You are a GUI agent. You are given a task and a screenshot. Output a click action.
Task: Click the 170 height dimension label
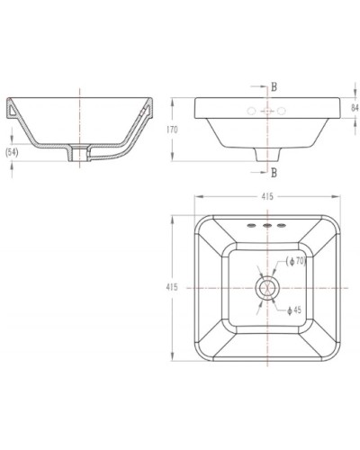tap(184, 130)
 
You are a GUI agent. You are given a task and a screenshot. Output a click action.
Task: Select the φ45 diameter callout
tap(294, 310)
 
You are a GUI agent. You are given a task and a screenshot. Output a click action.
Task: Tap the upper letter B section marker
tap(274, 87)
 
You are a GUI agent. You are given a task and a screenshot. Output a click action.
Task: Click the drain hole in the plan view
tap(267, 287)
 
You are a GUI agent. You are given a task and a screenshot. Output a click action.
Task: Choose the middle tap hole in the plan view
tap(267, 224)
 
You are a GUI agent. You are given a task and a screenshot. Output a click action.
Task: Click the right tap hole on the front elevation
tap(282, 111)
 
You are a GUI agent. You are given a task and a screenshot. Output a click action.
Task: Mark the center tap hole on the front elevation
tap(267, 111)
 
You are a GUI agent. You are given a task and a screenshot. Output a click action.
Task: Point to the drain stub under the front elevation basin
tap(267, 156)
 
